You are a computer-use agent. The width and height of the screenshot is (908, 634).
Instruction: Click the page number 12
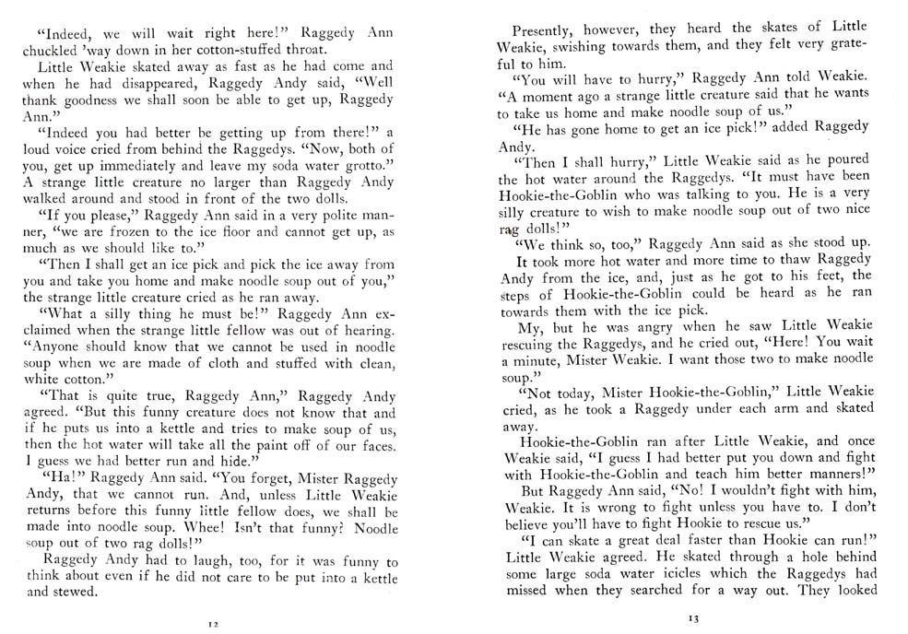pos(212,624)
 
